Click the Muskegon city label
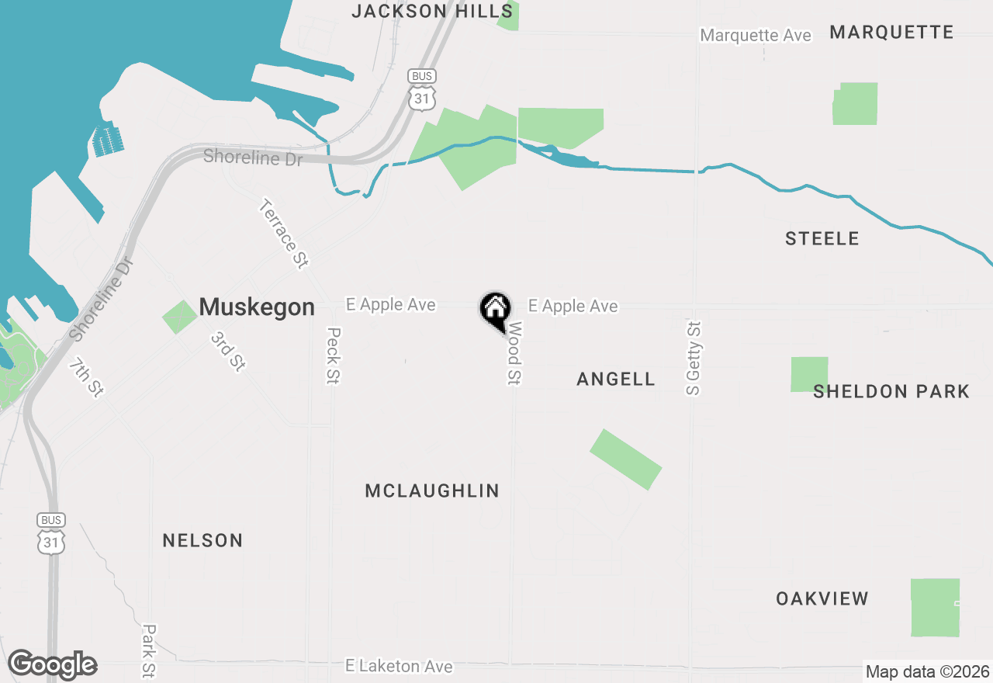257,307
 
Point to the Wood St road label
514,355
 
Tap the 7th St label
86,377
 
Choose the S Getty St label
694,358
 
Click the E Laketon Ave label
399,666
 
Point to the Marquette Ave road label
756,36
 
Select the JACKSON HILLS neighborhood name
432,11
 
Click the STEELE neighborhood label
822,239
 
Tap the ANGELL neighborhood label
616,379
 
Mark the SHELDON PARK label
891,391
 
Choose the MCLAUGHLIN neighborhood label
432,491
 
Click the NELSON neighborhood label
202,540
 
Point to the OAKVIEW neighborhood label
822,598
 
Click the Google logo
52,664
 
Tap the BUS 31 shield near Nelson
51,533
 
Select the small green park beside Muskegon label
179,317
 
